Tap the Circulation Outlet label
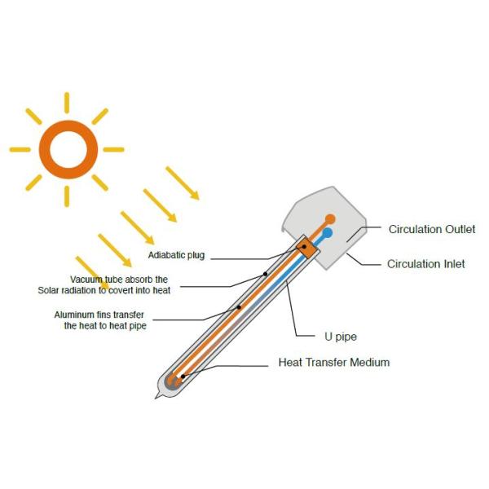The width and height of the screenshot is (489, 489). click(425, 229)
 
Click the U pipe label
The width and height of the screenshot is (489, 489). click(336, 335)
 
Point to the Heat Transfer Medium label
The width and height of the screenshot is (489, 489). click(334, 362)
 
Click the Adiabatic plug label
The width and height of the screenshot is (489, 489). click(176, 256)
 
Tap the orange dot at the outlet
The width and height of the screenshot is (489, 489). click(330, 219)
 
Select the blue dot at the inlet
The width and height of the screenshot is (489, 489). click(327, 233)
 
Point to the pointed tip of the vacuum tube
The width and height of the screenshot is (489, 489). click(156, 397)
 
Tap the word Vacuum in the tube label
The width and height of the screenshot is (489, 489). click(85, 280)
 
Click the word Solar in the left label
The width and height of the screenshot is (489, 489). click(51, 290)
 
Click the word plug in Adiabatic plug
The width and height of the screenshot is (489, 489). click(195, 256)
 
